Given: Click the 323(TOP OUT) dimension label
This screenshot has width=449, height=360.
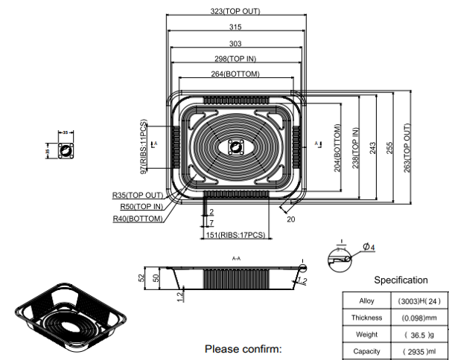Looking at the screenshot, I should point(235,12).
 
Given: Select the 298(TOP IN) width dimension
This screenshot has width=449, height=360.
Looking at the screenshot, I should point(235,58).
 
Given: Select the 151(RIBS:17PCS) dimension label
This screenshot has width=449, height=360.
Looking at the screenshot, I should point(235,235).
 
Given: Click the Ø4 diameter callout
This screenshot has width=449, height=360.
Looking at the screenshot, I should point(368,247).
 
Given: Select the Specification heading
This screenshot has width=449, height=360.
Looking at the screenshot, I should point(401,280).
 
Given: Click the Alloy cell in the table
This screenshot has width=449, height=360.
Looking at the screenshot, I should point(366,301).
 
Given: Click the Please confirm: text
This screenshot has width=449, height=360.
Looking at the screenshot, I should point(243,348).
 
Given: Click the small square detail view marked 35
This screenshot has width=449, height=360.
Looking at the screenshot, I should point(65,150).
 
